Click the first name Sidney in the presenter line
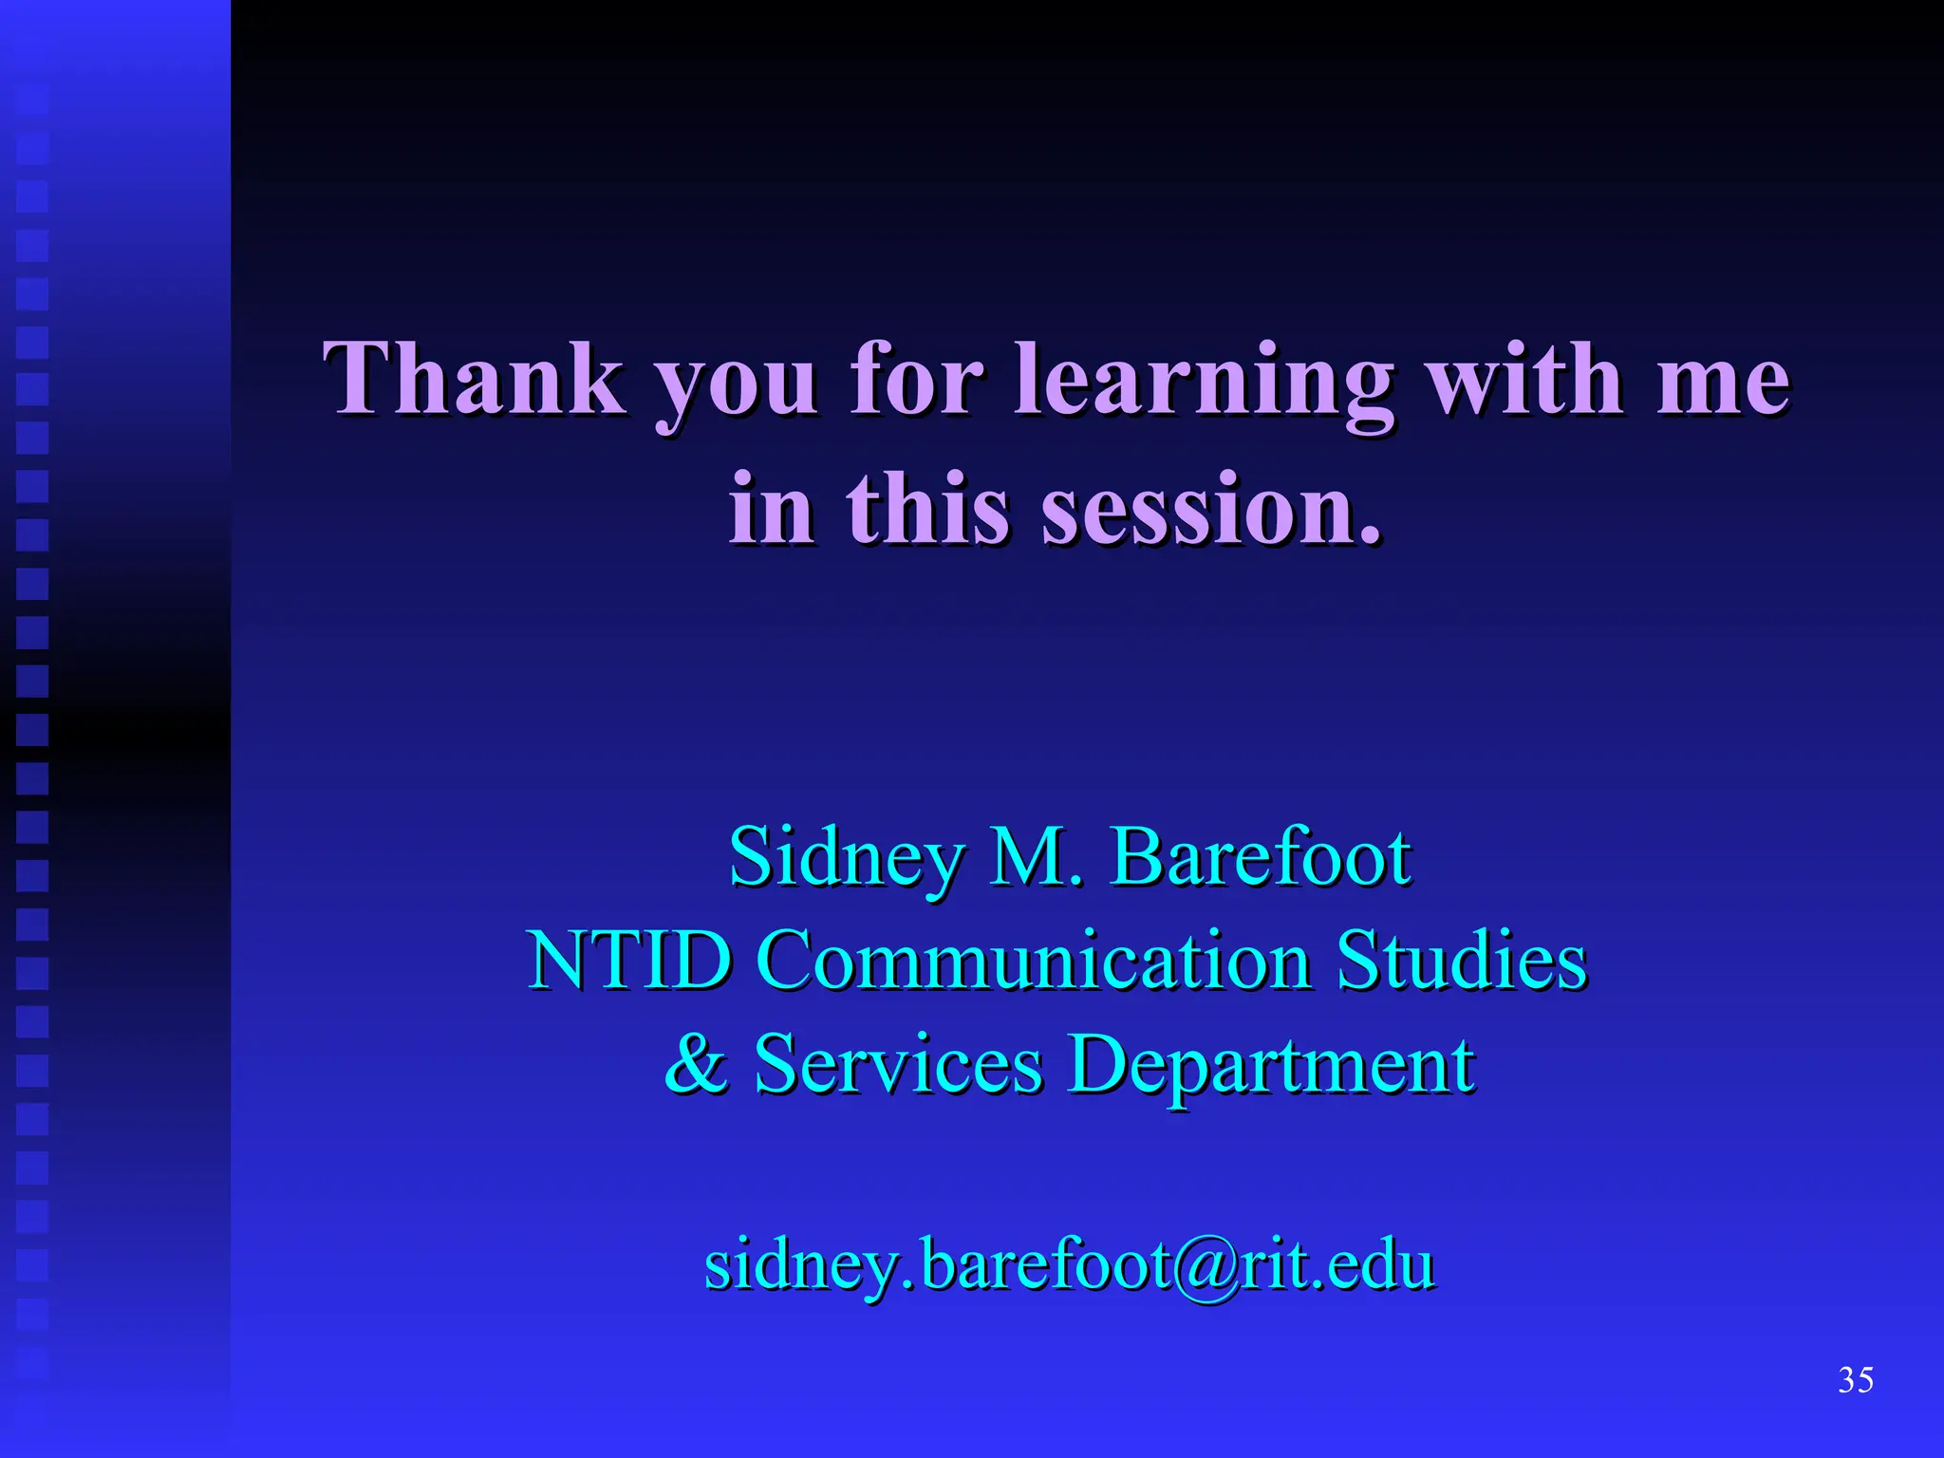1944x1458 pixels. pyautogui.click(x=846, y=859)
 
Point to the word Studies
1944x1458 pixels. pyautogui.click(x=1462, y=961)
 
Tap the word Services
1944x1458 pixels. pyautogui.click(x=898, y=1063)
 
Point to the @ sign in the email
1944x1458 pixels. pyautogui.click(x=1205, y=1266)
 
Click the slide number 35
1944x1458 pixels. pyautogui.click(x=1856, y=1379)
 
